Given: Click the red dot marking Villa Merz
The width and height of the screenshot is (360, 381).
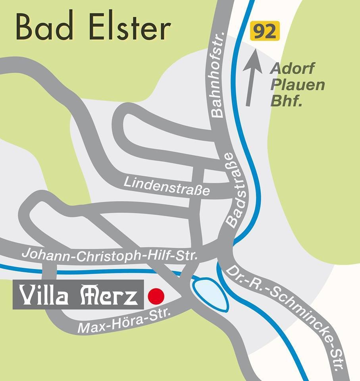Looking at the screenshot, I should [x=156, y=296].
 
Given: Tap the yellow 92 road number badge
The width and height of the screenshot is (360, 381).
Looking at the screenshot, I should [x=265, y=31].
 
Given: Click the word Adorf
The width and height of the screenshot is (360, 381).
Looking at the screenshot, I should [x=292, y=69].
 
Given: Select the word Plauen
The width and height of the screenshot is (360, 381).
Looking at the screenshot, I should [x=297, y=85].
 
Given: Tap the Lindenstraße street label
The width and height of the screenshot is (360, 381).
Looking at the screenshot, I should [x=167, y=187].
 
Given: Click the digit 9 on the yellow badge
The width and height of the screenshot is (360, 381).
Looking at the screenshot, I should [x=260, y=31].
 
